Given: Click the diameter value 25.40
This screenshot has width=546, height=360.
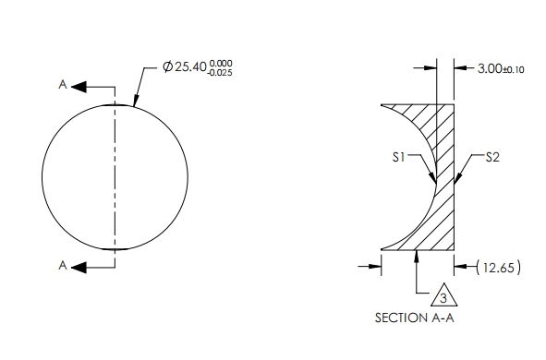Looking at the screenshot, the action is point(190,66).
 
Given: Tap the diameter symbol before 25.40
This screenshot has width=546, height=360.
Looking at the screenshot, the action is point(167,66).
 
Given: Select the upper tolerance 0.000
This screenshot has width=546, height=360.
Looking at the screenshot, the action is point(221,63).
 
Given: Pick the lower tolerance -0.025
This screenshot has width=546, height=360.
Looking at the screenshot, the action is point(219,73).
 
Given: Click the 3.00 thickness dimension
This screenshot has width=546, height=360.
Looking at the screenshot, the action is point(490,68).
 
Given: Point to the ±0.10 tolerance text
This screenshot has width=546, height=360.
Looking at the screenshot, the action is point(513,70).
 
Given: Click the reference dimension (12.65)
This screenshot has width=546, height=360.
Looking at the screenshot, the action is point(499,268).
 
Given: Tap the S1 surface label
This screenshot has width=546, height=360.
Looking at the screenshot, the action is point(399,157).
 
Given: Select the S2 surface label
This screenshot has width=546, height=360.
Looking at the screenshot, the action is point(492,157).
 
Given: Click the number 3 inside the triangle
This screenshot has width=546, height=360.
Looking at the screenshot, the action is point(443,298).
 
